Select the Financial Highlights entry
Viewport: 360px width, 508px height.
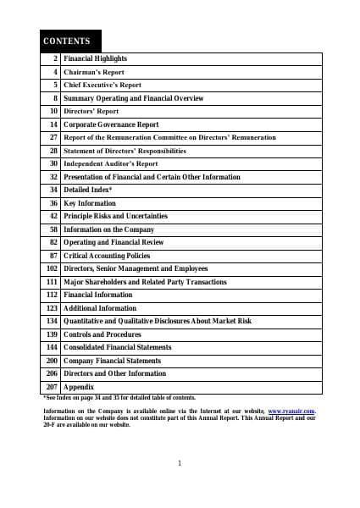[95, 59]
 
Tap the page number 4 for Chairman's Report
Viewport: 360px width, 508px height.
[55, 72]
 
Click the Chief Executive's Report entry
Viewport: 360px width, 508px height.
[102, 86]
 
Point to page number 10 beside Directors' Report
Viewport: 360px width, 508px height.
[53, 111]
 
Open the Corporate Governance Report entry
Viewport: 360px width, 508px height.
[111, 124]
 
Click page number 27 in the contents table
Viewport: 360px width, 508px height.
[53, 137]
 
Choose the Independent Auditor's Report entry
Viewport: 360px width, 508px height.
[111, 163]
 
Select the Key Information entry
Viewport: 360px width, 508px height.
[90, 203]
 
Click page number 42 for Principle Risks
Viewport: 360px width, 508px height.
[53, 216]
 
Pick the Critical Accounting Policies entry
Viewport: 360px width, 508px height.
[107, 255]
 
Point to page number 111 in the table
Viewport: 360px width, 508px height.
[52, 281]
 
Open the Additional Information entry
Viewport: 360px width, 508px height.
[100, 308]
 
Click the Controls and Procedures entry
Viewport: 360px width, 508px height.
[102, 334]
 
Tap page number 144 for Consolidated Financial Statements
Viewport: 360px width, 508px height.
[52, 347]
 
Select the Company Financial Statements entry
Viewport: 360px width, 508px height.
[112, 361]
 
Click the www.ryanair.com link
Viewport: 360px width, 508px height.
[291, 411]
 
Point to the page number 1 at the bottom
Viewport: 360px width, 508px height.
[180, 462]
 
